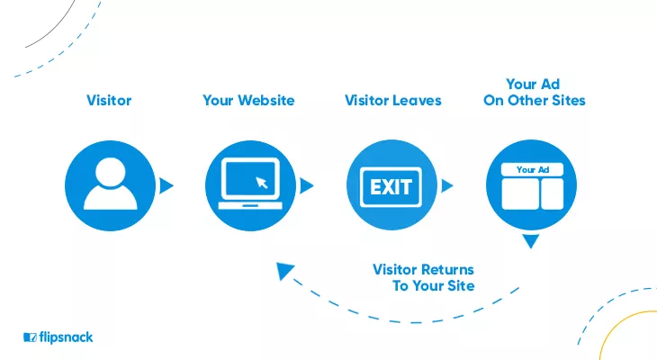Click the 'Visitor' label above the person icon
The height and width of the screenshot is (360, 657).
coord(109,101)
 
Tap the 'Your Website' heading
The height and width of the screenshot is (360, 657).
coord(248,101)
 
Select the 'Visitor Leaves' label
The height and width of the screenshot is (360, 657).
coord(393,101)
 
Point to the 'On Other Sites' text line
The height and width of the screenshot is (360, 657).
coord(535,101)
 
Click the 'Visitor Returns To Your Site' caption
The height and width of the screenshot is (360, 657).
coord(424,277)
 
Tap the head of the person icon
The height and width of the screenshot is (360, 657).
coord(110,172)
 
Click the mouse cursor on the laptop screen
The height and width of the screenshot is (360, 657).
coord(262,183)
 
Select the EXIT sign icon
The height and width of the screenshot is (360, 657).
coord(391,187)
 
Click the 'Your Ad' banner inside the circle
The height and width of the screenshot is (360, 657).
coord(532,170)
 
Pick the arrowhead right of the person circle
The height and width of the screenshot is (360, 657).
coord(166,185)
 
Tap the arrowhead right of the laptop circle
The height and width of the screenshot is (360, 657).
coord(306,185)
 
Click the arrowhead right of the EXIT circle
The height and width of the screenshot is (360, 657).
coord(447,185)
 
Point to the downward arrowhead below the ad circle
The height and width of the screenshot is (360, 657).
coord(531,240)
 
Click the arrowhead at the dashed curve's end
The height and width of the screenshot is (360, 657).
coord(284,270)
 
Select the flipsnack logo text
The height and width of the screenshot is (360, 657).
coord(66,337)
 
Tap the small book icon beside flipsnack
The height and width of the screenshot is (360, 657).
coord(31,337)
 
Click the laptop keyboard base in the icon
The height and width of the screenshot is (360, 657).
coord(250,205)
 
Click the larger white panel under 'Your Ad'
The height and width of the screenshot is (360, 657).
coord(520,194)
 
